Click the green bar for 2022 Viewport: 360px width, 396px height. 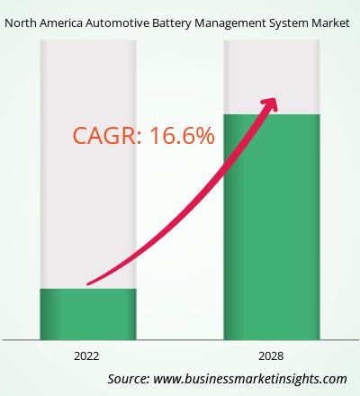88,314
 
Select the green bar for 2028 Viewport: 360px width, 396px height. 272,227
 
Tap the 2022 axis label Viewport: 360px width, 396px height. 86,356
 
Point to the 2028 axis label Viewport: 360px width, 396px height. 271,356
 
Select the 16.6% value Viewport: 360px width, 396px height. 182,136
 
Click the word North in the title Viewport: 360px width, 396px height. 20,23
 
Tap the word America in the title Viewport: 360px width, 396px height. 61,23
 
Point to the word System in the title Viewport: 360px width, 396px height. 288,24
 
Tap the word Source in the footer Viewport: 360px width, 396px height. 129,379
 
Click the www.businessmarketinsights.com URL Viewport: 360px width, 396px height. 250,379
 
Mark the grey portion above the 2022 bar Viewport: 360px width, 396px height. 88,165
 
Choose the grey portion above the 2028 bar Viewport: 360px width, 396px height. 272,77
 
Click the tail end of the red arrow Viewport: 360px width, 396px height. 87,283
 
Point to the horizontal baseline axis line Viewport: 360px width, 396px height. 180,340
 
